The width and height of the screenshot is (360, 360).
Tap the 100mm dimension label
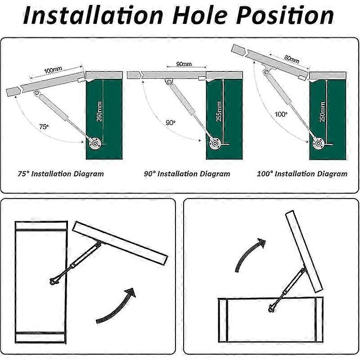pyautogui.click(x=53, y=70)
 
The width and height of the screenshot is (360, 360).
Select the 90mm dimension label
pyautogui.click(x=184, y=64)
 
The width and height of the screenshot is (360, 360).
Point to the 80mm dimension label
pyautogui.click(x=292, y=59)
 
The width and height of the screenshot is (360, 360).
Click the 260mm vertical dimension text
pyautogui.click(x=99, y=111)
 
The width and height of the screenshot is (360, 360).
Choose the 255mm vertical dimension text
pyautogui.click(x=219, y=111)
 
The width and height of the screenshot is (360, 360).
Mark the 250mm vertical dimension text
pyautogui.click(x=322, y=112)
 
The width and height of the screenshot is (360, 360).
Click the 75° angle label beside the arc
pyautogui.click(x=44, y=126)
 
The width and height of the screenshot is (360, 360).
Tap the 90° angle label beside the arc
pyautogui.click(x=171, y=123)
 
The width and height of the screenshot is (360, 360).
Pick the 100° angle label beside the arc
pyautogui.click(x=281, y=114)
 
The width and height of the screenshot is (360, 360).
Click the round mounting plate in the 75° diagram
pyautogui.click(x=95, y=144)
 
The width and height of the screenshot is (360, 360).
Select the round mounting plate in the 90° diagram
pyautogui.click(x=215, y=144)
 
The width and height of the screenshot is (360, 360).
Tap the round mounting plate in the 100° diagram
pyautogui.click(x=319, y=144)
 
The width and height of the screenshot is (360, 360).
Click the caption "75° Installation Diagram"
pyautogui.click(x=61, y=174)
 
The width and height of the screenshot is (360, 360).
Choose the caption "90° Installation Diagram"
pyautogui.click(x=187, y=174)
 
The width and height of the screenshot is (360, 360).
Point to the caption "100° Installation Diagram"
pyautogui.click(x=302, y=174)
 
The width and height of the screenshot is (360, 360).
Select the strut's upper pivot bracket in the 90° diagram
pyautogui.click(x=169, y=82)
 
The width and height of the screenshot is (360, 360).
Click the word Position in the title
pyautogui.click(x=285, y=15)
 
